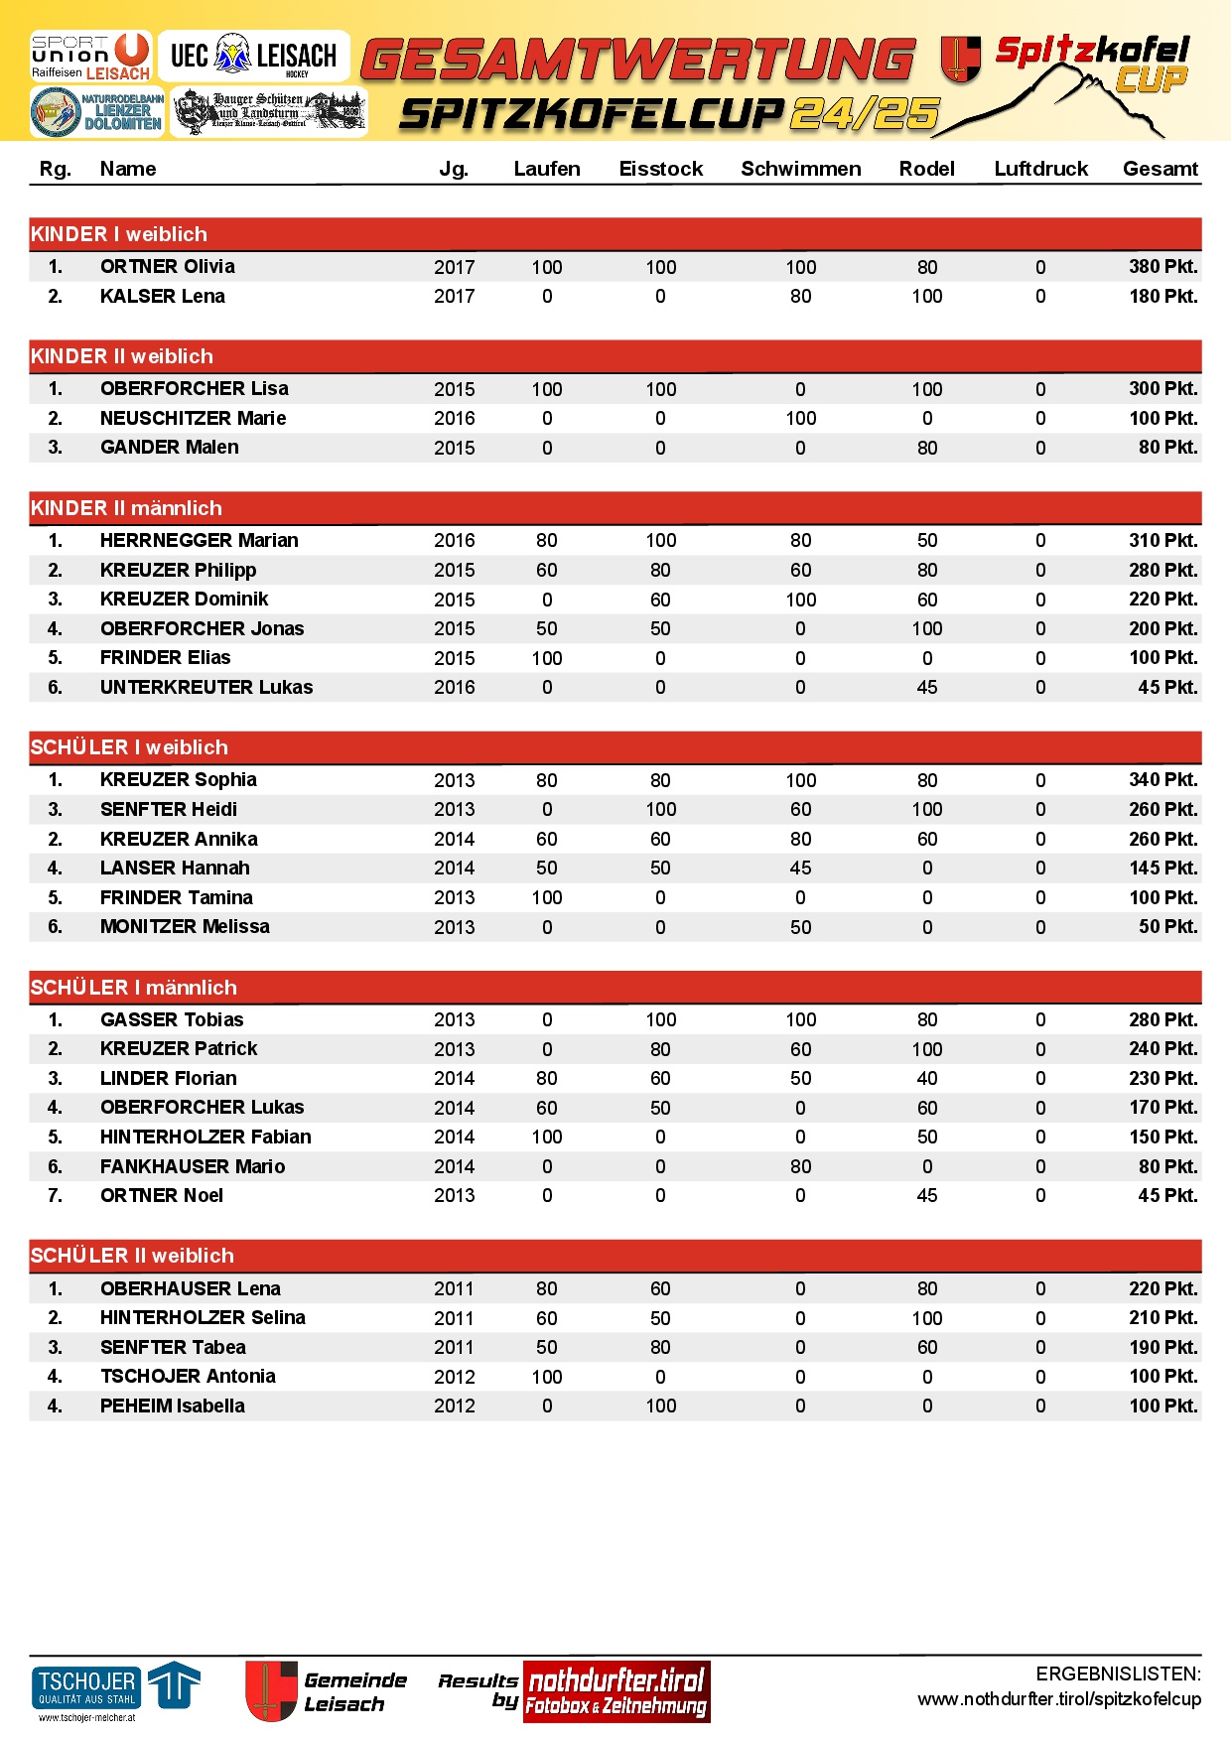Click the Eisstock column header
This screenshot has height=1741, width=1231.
coord(660,169)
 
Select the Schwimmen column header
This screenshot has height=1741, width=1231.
coord(800,169)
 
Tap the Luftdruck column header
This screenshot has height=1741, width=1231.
coord(1040,169)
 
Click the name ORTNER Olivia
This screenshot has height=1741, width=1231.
coord(168,266)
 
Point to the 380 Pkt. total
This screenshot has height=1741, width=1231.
coord(1163,266)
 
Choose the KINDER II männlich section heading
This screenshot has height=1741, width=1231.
coord(126,508)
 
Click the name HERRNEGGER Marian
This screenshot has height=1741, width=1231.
coord(199,540)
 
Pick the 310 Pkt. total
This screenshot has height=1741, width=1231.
coord(1163,540)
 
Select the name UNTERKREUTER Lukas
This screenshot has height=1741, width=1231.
coord(206,687)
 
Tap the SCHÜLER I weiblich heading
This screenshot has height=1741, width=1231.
coord(129,747)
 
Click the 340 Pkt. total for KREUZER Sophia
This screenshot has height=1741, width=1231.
coord(1163,780)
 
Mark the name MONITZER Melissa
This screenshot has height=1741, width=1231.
coord(185,926)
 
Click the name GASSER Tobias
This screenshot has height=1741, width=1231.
coord(172,1019)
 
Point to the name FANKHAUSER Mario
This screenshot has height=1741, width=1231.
coord(193,1166)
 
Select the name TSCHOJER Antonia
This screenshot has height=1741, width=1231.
coord(188,1376)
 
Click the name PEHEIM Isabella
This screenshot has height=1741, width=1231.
coord(173,1406)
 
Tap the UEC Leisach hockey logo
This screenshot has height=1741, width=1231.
coord(253,56)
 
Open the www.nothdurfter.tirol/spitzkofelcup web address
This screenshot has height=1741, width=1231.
coord(1058,1699)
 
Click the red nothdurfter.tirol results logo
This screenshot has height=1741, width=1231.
coord(616,1691)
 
